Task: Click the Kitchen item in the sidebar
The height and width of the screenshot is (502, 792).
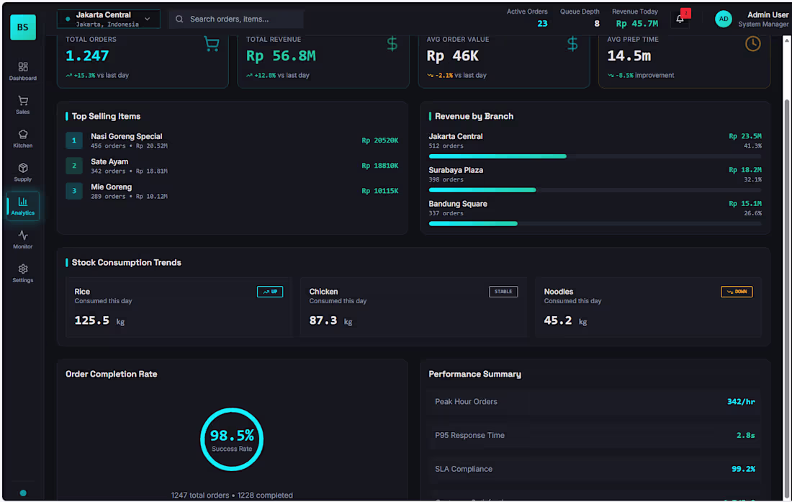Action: [23, 138]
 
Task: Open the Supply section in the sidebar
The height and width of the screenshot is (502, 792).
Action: [23, 172]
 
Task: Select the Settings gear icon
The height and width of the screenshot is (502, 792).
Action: [23, 269]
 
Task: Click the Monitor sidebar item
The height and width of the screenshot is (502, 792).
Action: [23, 239]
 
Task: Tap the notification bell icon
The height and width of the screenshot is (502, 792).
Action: [680, 19]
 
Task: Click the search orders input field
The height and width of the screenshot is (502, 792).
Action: [238, 19]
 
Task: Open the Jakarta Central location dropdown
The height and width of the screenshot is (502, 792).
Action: [109, 19]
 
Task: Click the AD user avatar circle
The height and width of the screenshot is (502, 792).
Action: [724, 19]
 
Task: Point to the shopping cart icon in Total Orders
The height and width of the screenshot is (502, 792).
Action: [212, 45]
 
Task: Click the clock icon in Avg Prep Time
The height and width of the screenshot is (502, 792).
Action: [752, 44]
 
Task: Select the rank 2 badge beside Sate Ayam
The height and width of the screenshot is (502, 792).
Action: [74, 166]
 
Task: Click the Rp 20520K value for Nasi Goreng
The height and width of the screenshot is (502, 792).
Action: [380, 140]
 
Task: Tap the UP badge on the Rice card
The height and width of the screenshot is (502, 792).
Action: [270, 292]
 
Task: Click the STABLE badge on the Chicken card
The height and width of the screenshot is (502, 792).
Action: [503, 292]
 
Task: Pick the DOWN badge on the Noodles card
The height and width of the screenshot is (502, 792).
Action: [737, 292]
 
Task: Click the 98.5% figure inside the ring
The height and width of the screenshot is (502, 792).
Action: [232, 435]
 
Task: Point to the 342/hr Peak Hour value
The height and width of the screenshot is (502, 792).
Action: [741, 402]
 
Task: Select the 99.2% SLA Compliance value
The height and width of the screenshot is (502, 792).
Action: [743, 469]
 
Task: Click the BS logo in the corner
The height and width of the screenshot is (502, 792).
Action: [23, 27]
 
